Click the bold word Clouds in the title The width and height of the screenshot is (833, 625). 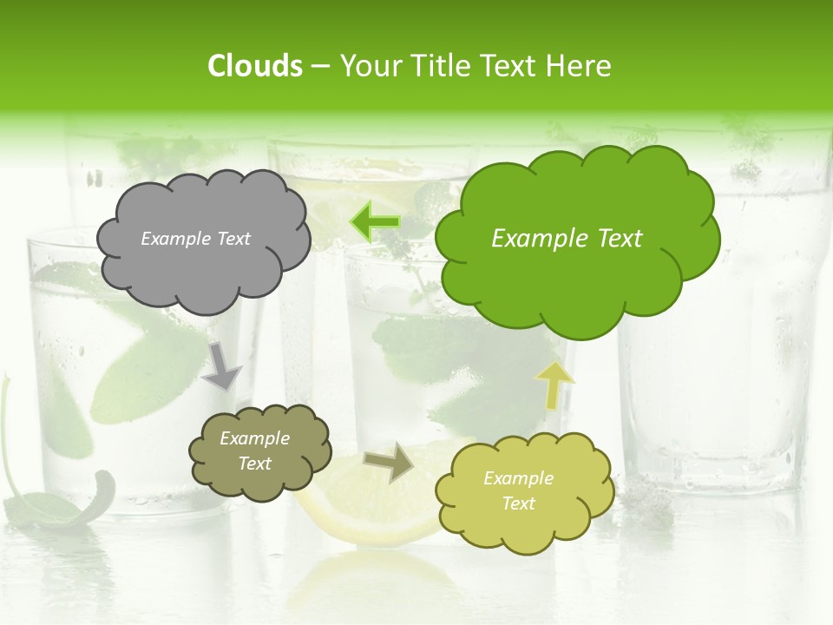(254, 66)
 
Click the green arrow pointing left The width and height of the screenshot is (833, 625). (375, 222)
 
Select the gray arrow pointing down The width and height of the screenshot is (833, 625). (222, 365)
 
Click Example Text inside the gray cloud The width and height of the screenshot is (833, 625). (195, 239)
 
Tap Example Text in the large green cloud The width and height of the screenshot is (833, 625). (567, 239)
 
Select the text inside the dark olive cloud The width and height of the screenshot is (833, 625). (254, 451)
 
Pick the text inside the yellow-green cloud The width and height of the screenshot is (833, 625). (518, 490)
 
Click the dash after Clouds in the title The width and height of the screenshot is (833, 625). (319, 66)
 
